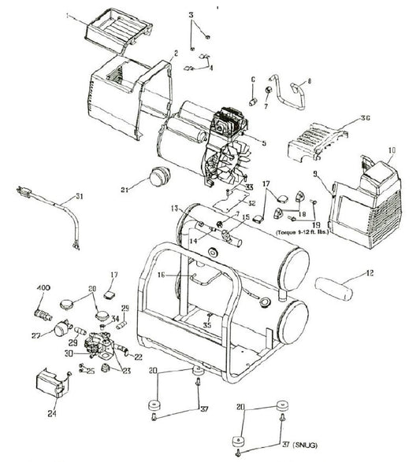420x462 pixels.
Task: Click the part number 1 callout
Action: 69,14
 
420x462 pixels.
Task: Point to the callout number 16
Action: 162,275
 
